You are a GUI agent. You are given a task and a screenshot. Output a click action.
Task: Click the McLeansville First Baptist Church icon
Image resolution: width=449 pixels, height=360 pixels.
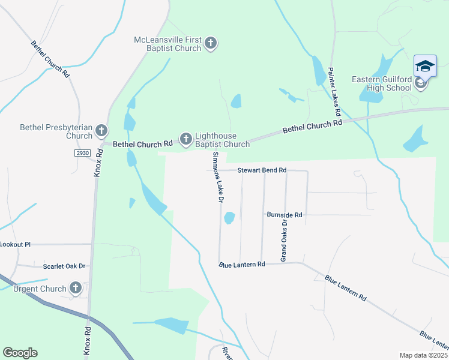pyautogui.click(x=210, y=43)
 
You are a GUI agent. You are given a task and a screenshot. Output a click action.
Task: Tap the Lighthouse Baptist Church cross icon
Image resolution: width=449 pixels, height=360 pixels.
pyautogui.click(x=186, y=139)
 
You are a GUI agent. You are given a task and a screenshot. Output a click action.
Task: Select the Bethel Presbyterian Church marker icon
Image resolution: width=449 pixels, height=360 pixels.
pyautogui.click(x=101, y=130)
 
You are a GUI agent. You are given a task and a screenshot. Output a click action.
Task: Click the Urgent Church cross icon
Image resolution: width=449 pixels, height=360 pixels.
pyautogui.click(x=75, y=288)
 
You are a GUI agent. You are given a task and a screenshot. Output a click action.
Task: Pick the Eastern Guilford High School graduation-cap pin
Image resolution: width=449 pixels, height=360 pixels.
pyautogui.click(x=425, y=66)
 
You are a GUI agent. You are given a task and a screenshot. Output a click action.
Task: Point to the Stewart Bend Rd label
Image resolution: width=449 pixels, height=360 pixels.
pyautogui.click(x=262, y=170)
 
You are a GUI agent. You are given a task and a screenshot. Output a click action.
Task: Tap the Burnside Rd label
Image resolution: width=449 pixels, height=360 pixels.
pyautogui.click(x=285, y=214)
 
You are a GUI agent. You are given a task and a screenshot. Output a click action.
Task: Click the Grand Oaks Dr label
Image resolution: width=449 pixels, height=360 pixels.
pyautogui.click(x=285, y=240)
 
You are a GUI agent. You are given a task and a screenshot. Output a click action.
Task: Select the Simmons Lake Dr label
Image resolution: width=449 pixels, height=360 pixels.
pyautogui.click(x=217, y=177)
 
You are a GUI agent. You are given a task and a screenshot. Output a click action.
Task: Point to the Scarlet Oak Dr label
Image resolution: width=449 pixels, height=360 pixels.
pyautogui.click(x=64, y=266)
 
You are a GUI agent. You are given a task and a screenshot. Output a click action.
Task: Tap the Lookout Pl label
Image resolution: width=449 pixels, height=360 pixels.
pyautogui.click(x=15, y=245)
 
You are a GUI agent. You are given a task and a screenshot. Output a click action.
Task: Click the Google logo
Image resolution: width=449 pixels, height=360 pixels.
pyautogui.click(x=20, y=353)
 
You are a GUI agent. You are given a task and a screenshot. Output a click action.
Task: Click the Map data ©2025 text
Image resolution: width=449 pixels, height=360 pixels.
pyautogui.click(x=423, y=355)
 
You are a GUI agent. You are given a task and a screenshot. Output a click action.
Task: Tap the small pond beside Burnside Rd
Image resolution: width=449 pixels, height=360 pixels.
pyautogui.click(x=229, y=218)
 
